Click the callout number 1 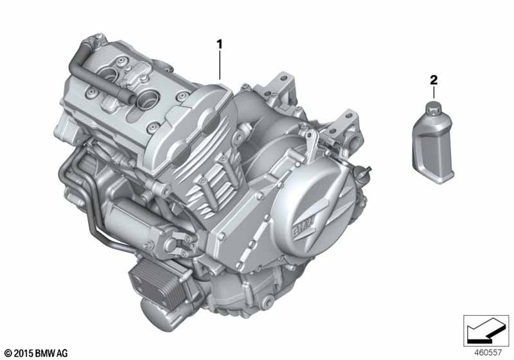[219, 44]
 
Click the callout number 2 [433, 80]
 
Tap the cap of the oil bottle [434, 108]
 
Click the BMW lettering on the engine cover [303, 227]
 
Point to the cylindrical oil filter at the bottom [157, 313]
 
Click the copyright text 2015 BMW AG [36, 353]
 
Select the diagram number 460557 [488, 352]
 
